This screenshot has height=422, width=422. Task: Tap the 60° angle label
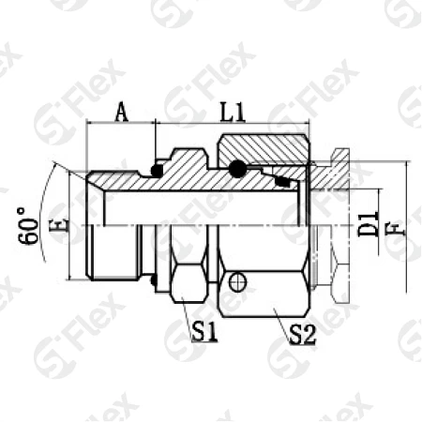coord(29,226)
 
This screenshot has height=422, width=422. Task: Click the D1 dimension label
coord(368,224)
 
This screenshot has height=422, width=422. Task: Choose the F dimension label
coord(399,229)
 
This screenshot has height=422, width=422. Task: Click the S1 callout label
coord(204,332)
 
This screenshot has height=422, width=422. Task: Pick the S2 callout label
coord(303,334)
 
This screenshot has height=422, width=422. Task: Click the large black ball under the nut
coord(237,169)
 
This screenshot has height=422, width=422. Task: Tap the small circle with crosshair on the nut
coord(237,282)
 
